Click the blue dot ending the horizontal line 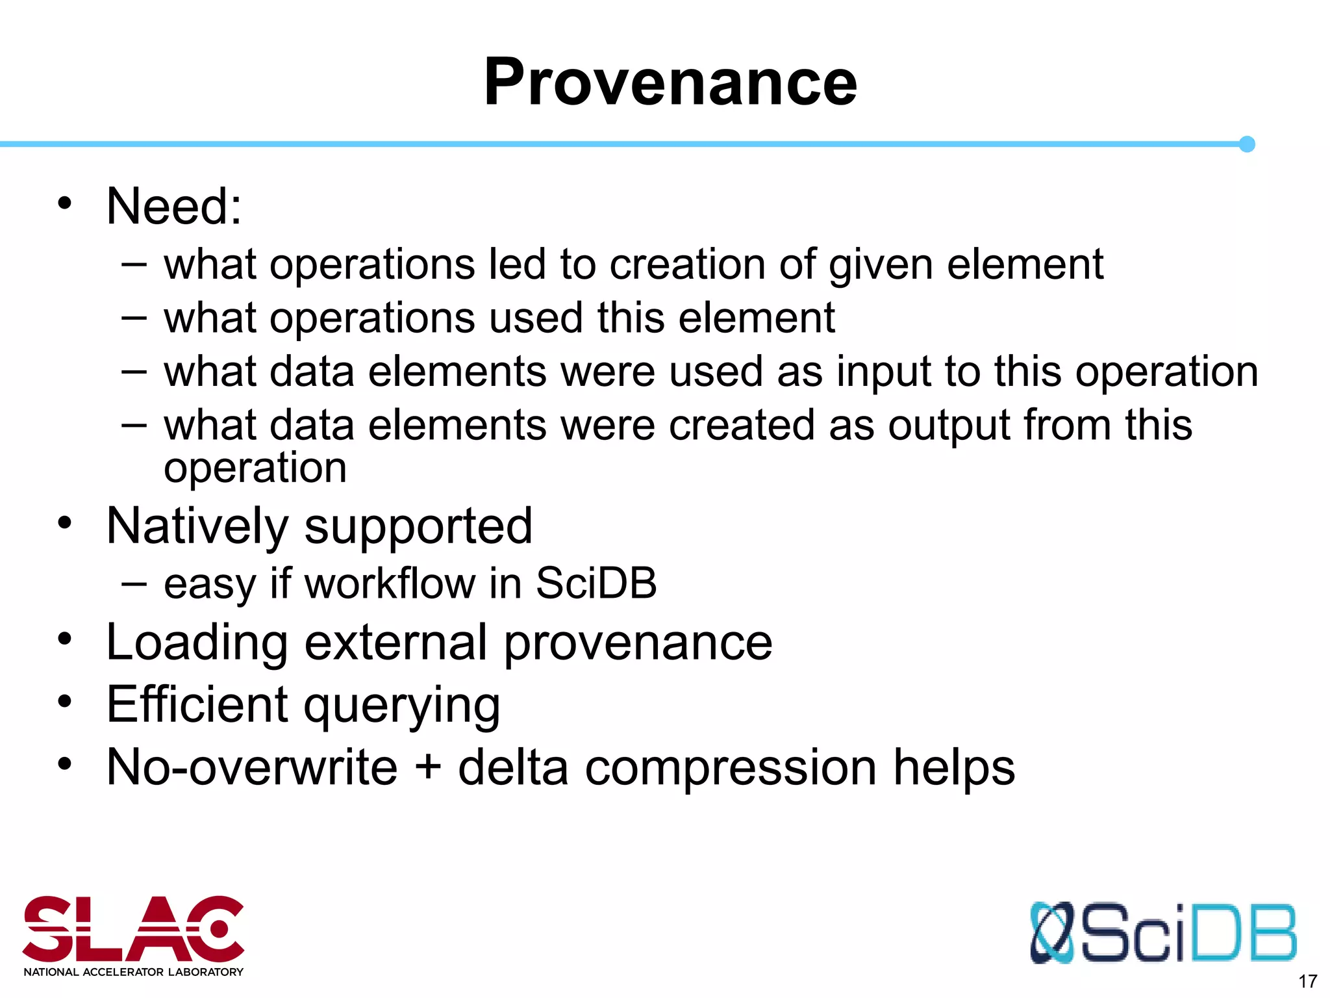pyautogui.click(x=1246, y=144)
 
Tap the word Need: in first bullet pyautogui.click(x=174, y=207)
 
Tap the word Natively pyautogui.click(x=197, y=526)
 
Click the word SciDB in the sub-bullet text pyautogui.click(x=596, y=583)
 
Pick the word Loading pyautogui.click(x=197, y=643)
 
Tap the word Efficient pyautogui.click(x=197, y=704)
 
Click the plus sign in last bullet pyautogui.click(x=428, y=767)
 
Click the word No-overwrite pyautogui.click(x=252, y=767)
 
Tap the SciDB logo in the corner pyautogui.click(x=1162, y=932)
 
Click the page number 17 pyautogui.click(x=1307, y=981)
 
